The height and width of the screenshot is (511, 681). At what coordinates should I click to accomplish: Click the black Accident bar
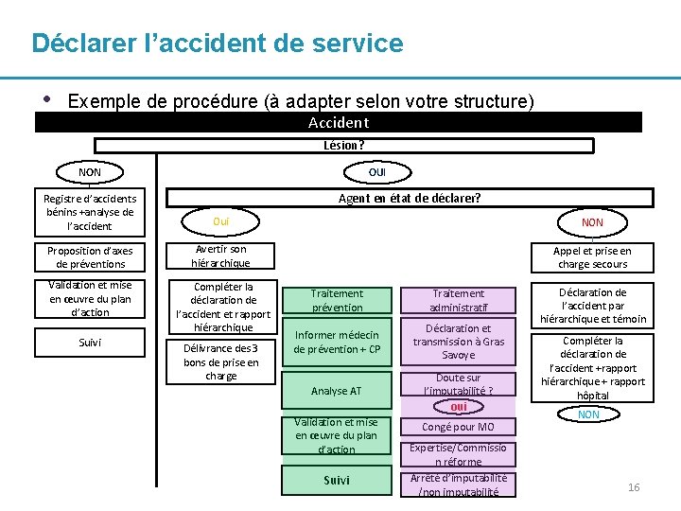338,122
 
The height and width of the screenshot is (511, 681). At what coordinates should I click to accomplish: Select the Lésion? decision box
343,145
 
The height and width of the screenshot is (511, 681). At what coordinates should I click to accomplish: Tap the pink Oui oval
221,221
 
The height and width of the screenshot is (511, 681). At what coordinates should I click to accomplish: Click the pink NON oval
592,222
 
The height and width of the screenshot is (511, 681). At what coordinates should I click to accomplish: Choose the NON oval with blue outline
588,414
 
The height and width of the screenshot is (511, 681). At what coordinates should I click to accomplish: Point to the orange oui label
459,407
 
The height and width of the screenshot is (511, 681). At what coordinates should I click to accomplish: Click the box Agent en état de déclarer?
410,198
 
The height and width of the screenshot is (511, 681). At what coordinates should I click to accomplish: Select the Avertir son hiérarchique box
220,256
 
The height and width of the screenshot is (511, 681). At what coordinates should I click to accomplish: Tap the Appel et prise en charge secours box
592,257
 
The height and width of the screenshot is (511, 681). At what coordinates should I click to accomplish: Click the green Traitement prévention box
337,300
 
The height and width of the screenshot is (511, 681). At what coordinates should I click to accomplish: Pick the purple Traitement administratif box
458,300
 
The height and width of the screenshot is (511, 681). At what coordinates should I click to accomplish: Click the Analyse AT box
337,391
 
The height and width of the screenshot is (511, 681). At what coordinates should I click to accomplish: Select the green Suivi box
337,480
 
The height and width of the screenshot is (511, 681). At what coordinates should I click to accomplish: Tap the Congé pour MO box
458,427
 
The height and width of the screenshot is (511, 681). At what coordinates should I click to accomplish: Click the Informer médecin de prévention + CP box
337,342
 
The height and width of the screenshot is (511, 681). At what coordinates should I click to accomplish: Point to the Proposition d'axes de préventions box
90,257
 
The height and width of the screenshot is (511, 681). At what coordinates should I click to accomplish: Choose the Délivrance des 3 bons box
220,361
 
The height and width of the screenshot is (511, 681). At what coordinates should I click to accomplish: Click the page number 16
634,487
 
